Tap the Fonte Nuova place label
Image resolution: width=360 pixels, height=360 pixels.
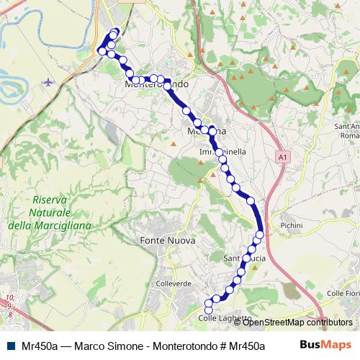tap(163, 240)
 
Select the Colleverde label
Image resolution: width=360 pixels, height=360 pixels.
tap(173, 284)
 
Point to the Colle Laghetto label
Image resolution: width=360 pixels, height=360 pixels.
tap(226, 318)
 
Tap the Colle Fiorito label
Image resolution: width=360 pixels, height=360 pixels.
tap(343, 293)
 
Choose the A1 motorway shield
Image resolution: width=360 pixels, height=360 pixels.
tap(283, 156)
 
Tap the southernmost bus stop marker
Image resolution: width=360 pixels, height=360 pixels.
tap(209, 310)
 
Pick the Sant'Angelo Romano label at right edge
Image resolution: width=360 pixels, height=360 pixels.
tap(349, 131)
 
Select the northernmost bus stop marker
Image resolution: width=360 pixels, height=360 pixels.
tap(115, 32)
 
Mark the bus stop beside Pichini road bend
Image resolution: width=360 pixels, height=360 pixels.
tap(259, 235)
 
